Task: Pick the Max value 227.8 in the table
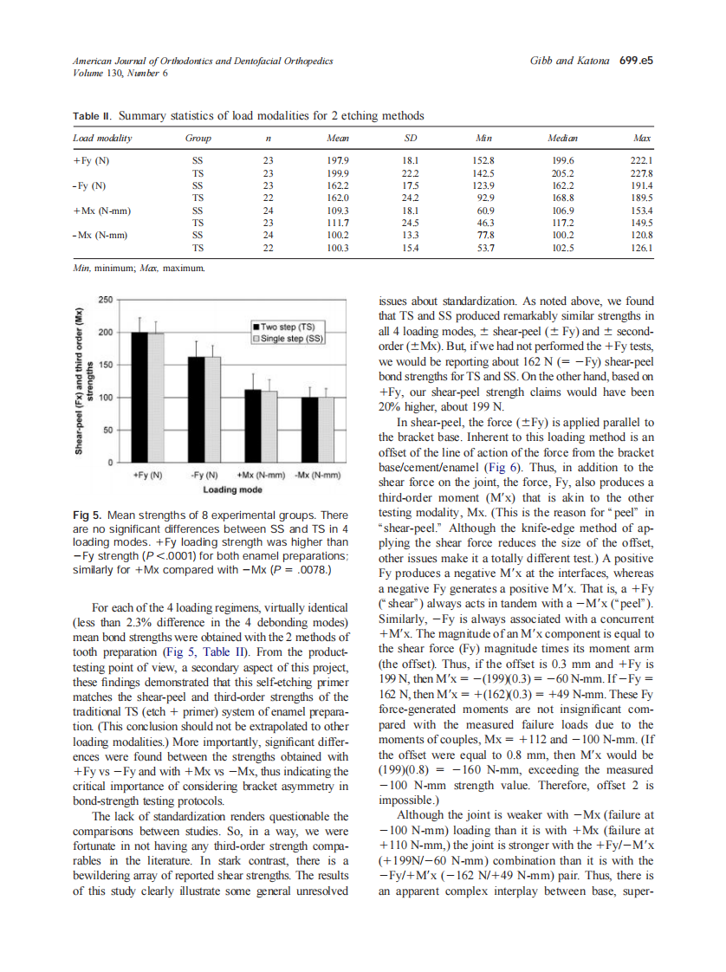642,173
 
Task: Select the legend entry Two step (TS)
289,327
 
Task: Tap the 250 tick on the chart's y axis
104,300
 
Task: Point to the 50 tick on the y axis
107,431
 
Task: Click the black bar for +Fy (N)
139,398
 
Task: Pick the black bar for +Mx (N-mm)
252,426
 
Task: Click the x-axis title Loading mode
227,490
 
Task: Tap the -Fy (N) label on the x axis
205,476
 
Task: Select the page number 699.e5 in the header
636,62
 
